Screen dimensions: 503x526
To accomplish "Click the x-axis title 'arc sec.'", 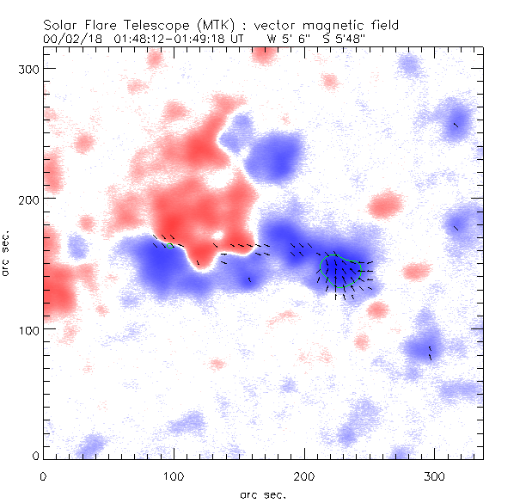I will click(262, 494).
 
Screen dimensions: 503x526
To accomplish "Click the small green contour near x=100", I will click(169, 246).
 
